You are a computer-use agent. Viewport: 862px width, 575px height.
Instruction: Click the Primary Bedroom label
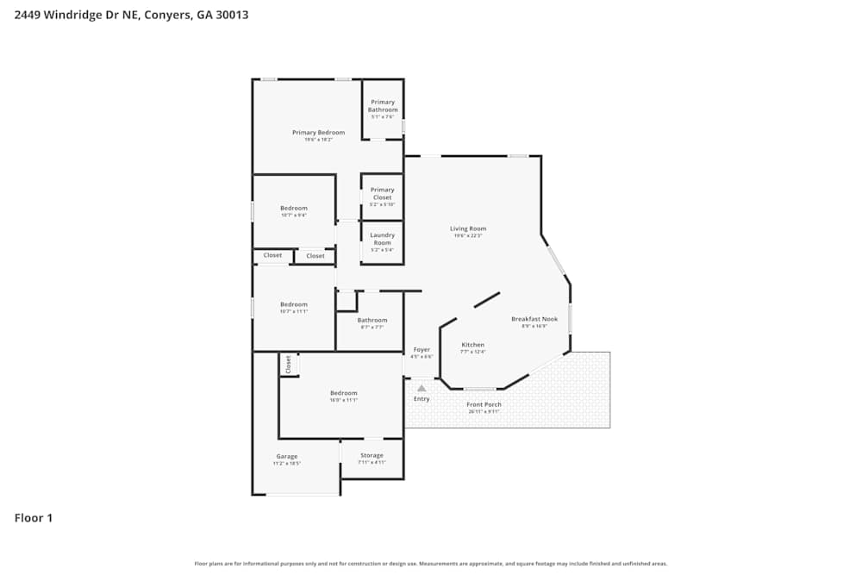pyautogui.click(x=318, y=133)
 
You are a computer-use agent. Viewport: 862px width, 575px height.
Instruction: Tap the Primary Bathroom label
pyautogui.click(x=383, y=106)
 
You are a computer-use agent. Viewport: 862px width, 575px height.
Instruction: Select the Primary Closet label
pyautogui.click(x=382, y=193)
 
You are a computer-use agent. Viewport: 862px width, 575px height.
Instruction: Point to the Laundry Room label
pyautogui.click(x=382, y=239)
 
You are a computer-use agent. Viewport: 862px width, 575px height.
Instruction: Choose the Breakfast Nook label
pyautogui.click(x=534, y=319)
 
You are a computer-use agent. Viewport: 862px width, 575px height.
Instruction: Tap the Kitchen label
pyautogui.click(x=472, y=345)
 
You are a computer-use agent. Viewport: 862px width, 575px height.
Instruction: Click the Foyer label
pyautogui.click(x=422, y=349)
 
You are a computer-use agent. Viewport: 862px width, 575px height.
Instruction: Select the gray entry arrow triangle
pyautogui.click(x=422, y=389)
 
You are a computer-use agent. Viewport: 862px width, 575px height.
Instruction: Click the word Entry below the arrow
pyautogui.click(x=422, y=399)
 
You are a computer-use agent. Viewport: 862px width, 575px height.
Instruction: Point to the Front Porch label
pyautogui.click(x=484, y=404)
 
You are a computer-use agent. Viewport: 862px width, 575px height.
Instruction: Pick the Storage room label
pyautogui.click(x=372, y=455)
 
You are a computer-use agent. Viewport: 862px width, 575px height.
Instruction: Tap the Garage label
pyautogui.click(x=287, y=456)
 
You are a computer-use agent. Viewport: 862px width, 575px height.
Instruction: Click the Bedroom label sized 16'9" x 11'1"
pyautogui.click(x=343, y=393)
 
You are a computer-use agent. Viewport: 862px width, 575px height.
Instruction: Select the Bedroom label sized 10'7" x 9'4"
pyautogui.click(x=293, y=208)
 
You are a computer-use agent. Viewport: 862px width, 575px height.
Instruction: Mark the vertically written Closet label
pyautogui.click(x=288, y=365)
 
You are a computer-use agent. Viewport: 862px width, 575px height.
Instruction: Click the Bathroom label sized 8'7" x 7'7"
pyautogui.click(x=372, y=320)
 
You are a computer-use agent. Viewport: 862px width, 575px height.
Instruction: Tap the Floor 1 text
pyautogui.click(x=34, y=518)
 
